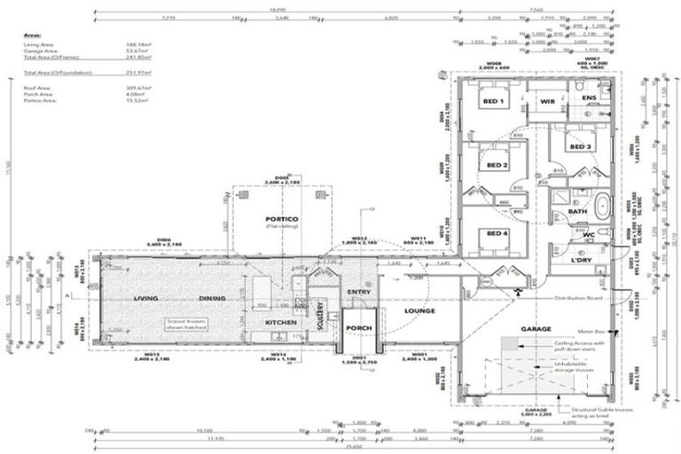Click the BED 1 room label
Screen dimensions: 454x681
coord(493,102)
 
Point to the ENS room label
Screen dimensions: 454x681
coord(588,97)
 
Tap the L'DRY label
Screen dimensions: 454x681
coord(581,262)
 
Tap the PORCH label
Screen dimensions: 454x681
coord(359,328)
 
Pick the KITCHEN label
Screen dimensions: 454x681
coord(280,323)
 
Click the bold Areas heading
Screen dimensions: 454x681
coord(29,35)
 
